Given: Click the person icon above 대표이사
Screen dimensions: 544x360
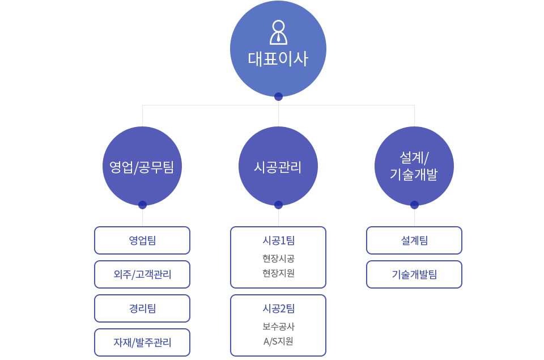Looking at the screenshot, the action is [x=278, y=32].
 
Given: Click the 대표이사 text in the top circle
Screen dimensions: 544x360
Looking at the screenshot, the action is [x=278, y=58].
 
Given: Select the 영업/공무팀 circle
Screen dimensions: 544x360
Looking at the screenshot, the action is [x=142, y=166].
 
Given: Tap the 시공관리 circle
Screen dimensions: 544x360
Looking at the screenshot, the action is [x=278, y=166].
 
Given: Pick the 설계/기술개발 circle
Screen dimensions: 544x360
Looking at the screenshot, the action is [x=414, y=166].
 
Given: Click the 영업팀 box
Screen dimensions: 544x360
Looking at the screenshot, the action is [x=142, y=240].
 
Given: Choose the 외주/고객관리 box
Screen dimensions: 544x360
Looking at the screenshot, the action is [x=142, y=274].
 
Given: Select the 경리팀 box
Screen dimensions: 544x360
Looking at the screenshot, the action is [x=142, y=308].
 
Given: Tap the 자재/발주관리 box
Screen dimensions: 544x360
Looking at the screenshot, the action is [x=142, y=342].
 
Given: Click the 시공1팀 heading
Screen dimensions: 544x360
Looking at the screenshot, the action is [x=279, y=240].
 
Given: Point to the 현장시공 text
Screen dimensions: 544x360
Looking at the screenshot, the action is [x=279, y=259].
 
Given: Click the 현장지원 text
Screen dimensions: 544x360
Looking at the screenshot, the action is [x=279, y=273].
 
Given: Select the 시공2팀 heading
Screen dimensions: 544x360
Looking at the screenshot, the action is [x=279, y=308].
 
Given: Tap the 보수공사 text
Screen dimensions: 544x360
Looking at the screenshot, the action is [x=279, y=327].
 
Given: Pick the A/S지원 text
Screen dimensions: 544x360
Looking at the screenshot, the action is [x=278, y=342].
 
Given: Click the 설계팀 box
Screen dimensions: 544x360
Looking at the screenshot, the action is [x=414, y=240].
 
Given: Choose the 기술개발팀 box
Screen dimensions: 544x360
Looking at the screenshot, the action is [x=414, y=274].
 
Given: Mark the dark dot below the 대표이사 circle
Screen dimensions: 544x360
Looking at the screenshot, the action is [x=278, y=96].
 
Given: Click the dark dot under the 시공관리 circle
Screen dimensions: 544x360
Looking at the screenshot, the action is [x=278, y=205].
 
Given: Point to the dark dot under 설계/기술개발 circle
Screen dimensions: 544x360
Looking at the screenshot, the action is [x=414, y=205].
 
